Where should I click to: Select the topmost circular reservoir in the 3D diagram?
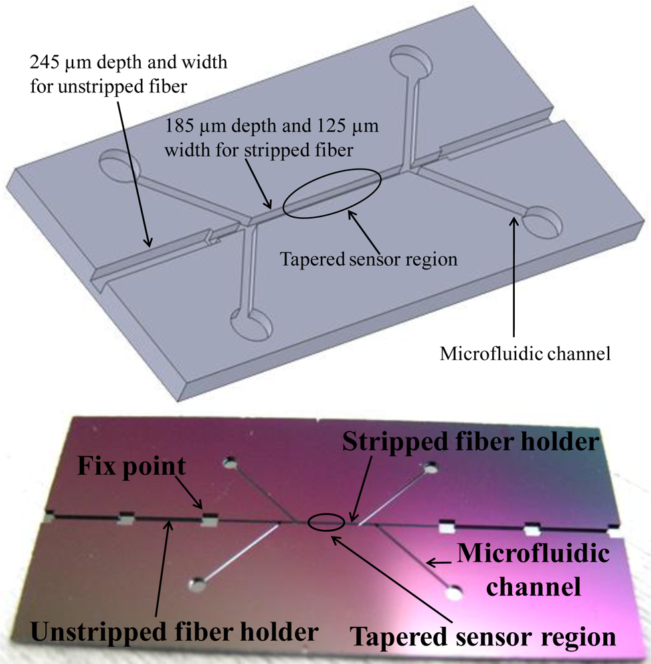(410, 62)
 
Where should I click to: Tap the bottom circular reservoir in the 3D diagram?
(251, 323)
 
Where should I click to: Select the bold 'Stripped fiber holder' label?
(472, 442)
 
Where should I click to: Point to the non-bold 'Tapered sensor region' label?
(369, 259)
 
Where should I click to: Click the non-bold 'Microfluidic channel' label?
(525, 354)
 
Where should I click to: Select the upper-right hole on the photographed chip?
(432, 467)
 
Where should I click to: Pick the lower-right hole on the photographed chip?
(455, 590)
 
